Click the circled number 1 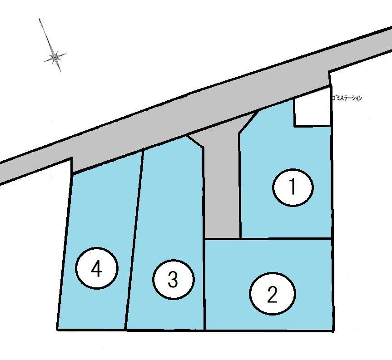293,187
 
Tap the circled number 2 273,294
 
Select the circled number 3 173,279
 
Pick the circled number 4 96,268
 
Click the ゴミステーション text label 347,98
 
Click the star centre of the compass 54,58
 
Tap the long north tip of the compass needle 39,19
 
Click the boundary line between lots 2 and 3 205,284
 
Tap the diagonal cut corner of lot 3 194,141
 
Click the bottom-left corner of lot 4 58,330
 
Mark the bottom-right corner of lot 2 333,331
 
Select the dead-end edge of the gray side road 222,238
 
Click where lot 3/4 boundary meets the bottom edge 125,330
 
